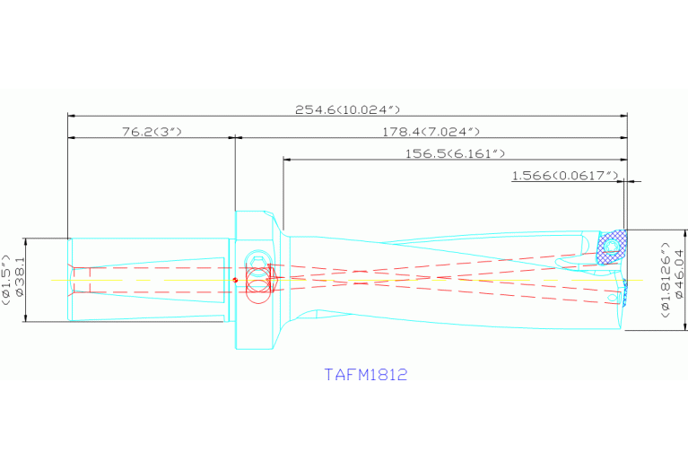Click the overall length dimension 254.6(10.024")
(x=347, y=109)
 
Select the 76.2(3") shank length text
(x=152, y=132)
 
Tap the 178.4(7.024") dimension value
(x=431, y=132)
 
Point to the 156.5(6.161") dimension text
(x=456, y=154)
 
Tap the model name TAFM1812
(x=366, y=374)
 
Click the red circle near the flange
(x=257, y=288)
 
